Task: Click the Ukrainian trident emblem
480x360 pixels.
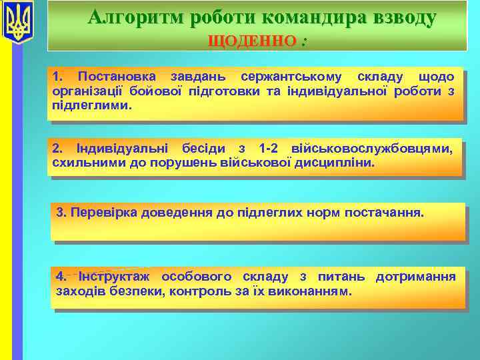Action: click(x=17, y=23)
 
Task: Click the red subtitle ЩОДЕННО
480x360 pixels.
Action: click(x=252, y=41)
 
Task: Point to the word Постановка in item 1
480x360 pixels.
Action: click(x=116, y=77)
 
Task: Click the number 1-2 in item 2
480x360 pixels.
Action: click(x=273, y=148)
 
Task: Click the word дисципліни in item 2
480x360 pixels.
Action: click(x=341, y=162)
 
